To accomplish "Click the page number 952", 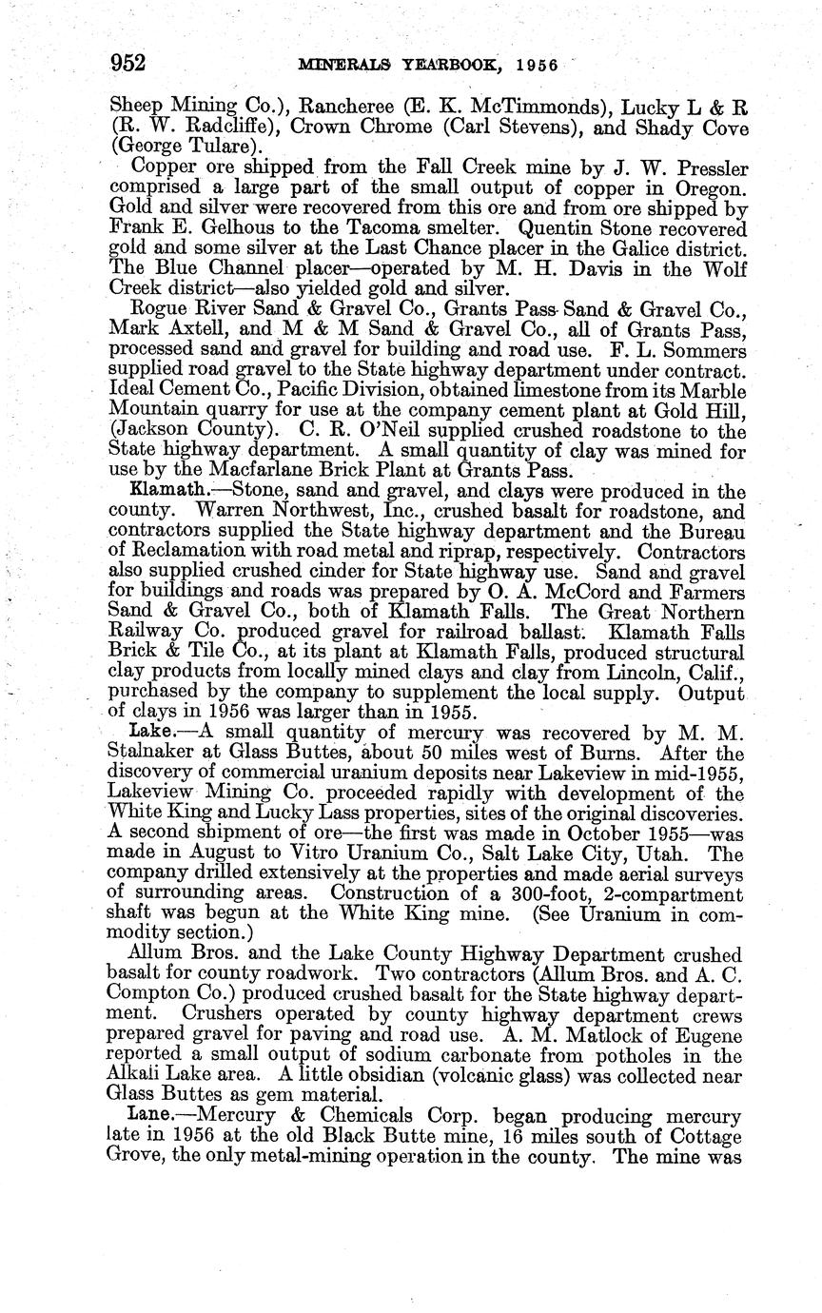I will (127, 64).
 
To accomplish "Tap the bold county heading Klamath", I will (162, 492).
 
